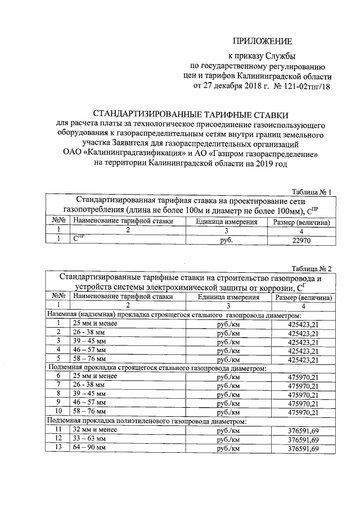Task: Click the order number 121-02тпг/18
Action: point(303,87)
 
